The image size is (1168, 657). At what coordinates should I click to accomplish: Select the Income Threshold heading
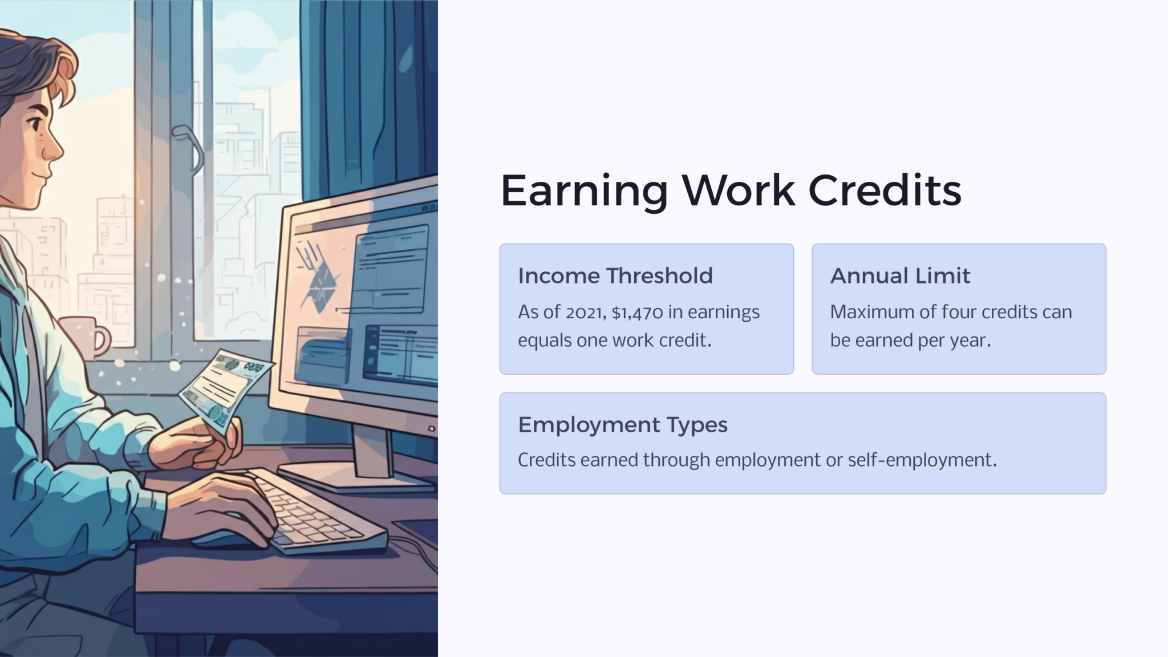click(615, 276)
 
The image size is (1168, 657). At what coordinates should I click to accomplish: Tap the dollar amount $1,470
click(637, 313)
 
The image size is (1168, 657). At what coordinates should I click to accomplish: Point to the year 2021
click(585, 313)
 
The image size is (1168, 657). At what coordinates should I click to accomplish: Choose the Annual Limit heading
click(899, 276)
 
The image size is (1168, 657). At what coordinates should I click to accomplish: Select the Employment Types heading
click(622, 425)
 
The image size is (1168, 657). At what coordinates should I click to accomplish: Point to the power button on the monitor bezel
click(431, 428)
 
